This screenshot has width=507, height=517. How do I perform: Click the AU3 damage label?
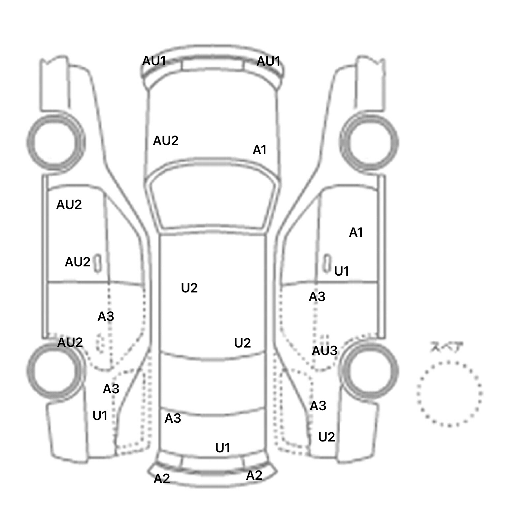324,350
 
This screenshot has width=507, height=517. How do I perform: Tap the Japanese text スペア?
447,347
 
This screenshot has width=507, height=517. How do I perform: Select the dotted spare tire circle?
449,393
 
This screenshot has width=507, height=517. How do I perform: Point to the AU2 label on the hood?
166,141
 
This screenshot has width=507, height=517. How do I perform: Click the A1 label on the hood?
259,150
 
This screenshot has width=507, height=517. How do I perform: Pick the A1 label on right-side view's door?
356,232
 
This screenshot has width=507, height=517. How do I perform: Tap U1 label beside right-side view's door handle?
342,271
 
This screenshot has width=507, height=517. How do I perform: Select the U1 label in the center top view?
223,448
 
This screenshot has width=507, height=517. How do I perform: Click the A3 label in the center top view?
173,418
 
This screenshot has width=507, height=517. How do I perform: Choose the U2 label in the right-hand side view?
326,437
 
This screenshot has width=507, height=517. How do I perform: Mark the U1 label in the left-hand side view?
100,416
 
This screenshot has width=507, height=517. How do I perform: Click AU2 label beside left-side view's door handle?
78,262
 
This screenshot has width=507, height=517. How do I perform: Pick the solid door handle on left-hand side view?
98,263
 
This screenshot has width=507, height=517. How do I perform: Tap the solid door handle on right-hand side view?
326,263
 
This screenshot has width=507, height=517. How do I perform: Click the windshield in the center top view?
213,201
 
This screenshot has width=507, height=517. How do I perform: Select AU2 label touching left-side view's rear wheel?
70,343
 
